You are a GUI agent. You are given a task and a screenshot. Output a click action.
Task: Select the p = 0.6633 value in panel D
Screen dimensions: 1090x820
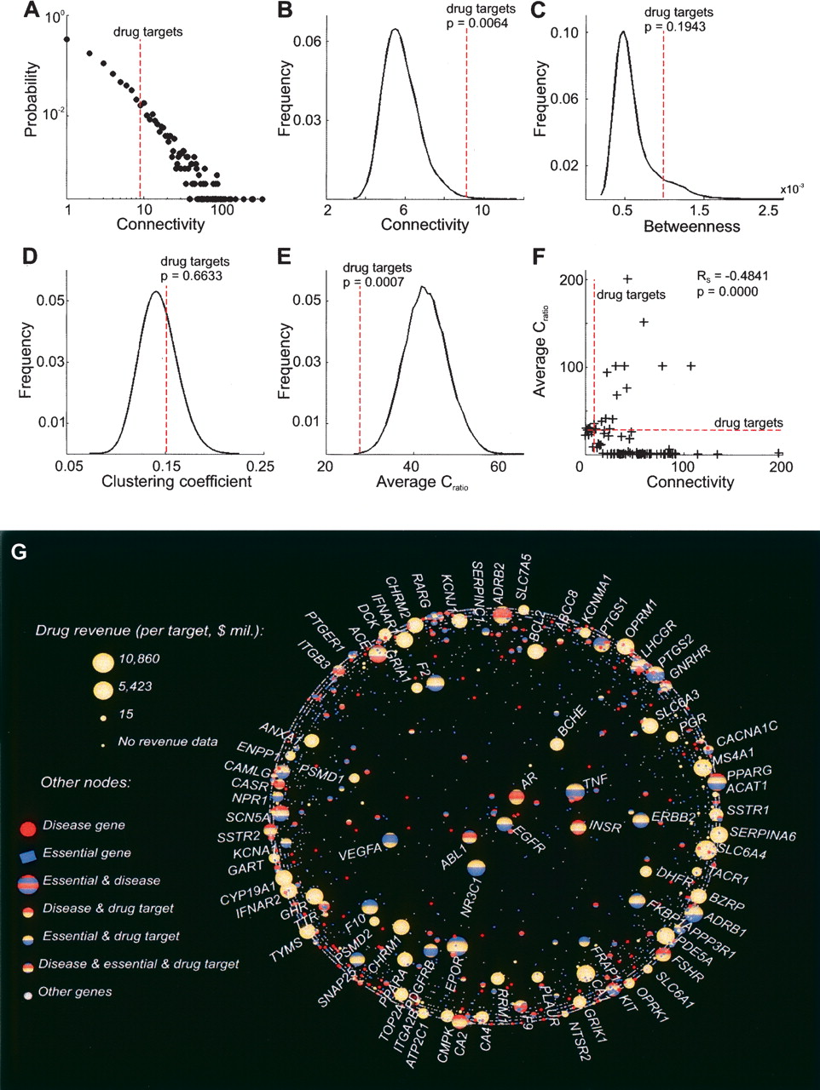coord(192,276)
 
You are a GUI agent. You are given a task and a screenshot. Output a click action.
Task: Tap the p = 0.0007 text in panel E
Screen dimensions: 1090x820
coord(374,282)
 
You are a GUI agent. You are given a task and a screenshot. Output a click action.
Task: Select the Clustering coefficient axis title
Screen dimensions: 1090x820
coord(176,482)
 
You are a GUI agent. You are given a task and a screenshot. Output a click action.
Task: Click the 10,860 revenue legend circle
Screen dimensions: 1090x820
coord(102,661)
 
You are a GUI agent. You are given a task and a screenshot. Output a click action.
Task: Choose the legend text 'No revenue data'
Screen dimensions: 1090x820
coord(167,742)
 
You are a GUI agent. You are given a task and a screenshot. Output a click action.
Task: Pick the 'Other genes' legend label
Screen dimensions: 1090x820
coord(75,991)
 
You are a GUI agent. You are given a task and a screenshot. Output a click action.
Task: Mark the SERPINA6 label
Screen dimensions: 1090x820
coord(763,835)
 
